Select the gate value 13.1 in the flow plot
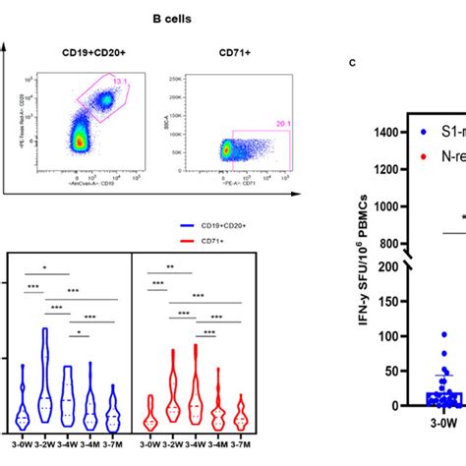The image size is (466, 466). coord(121,83)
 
